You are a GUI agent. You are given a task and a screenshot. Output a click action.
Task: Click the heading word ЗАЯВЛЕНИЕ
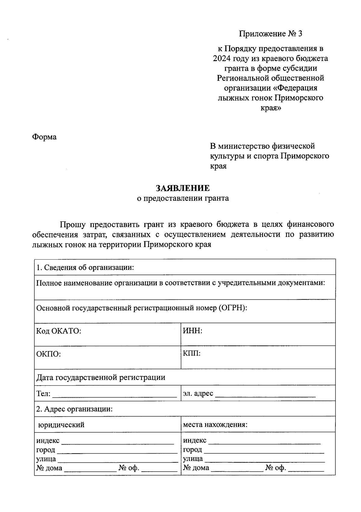pyautogui.click(x=183, y=188)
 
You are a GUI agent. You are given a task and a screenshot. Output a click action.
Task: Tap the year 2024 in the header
pyautogui.click(x=223, y=58)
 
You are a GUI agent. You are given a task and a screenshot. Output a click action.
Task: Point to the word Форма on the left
pyautogui.click(x=44, y=137)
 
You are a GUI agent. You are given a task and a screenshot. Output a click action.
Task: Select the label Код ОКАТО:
pyautogui.click(x=59, y=331)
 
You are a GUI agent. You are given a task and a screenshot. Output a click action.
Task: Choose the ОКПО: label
pyautogui.click(x=48, y=354)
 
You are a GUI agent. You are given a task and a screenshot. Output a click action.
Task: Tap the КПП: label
pyautogui.click(x=192, y=353)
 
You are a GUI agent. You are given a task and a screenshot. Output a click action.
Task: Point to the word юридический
pyautogui.click(x=61, y=425)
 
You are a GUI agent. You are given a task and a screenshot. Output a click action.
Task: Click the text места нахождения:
pyautogui.click(x=215, y=425)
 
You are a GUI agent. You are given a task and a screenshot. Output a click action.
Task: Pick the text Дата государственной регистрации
pyautogui.click(x=100, y=377)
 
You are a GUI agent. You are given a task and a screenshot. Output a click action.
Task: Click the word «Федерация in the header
pyautogui.click(x=297, y=88)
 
